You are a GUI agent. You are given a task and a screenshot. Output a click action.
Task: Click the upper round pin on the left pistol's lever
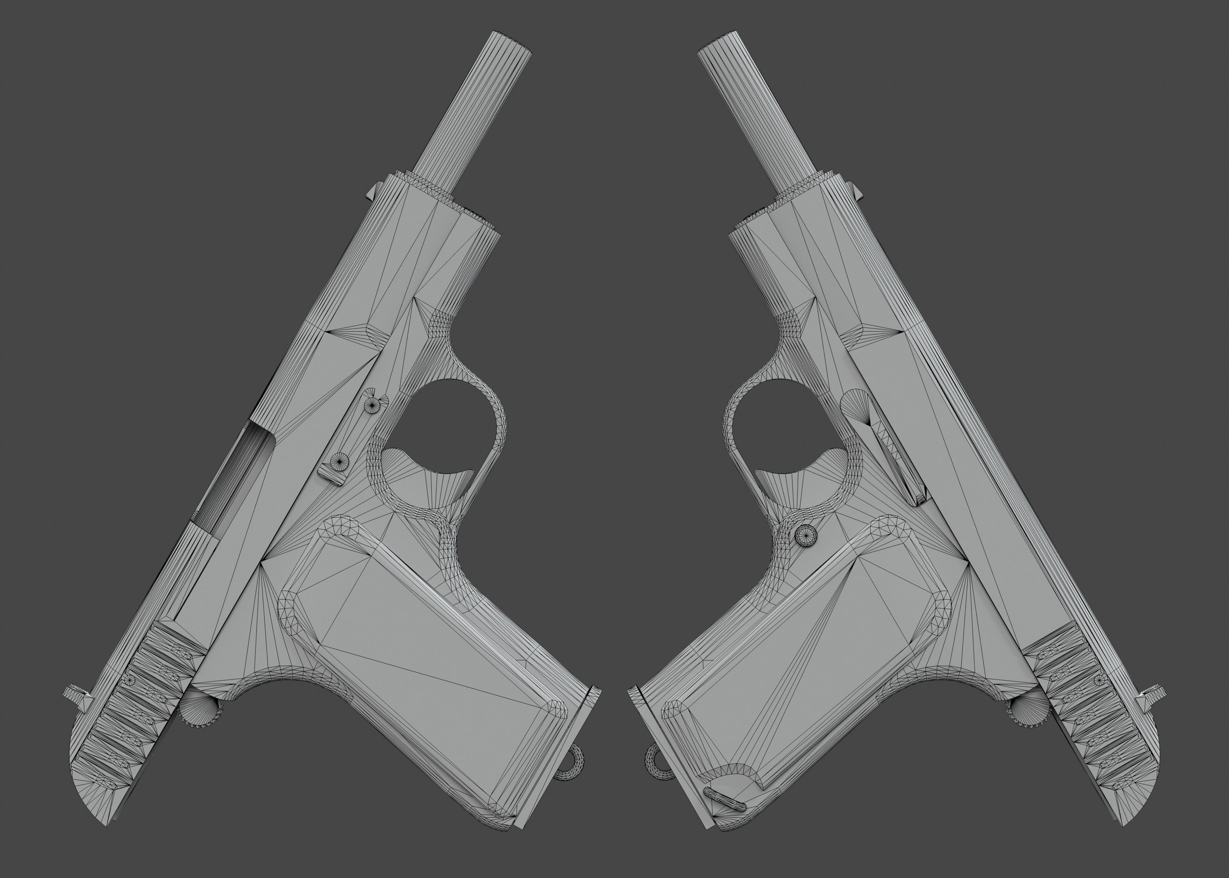pyautogui.click(x=372, y=403)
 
